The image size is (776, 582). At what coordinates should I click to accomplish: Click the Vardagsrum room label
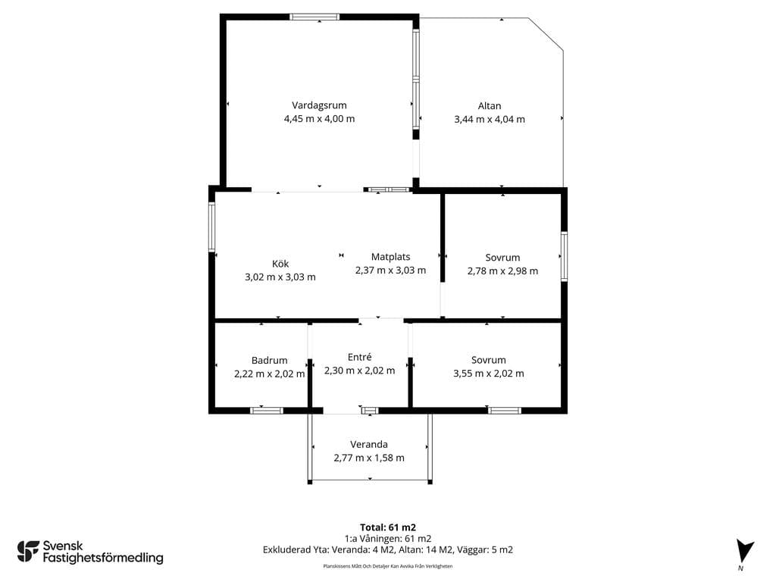(x=319, y=105)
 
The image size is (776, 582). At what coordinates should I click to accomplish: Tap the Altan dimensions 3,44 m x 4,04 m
(x=490, y=119)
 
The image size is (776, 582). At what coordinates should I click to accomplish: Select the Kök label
(x=280, y=264)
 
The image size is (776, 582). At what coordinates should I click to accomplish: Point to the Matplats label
(x=390, y=257)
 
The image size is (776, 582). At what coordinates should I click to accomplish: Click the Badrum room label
(x=269, y=360)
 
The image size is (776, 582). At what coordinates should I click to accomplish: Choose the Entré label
(x=359, y=357)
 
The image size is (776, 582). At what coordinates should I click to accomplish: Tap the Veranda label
(x=369, y=444)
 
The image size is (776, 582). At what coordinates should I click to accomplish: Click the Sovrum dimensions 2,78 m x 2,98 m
(x=503, y=271)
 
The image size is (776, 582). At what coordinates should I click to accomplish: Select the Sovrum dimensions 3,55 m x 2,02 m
(x=489, y=374)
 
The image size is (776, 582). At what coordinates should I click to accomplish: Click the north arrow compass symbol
(x=744, y=551)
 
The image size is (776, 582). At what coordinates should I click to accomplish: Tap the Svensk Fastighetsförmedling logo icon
(x=28, y=552)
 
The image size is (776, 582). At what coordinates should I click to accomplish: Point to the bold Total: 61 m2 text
(x=388, y=527)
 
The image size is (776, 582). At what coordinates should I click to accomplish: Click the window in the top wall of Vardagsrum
(x=314, y=17)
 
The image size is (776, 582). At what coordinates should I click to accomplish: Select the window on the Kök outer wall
(x=212, y=227)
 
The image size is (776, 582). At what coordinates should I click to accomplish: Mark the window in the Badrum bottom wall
(x=266, y=411)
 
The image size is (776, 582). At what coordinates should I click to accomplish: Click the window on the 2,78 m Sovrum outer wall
(x=564, y=256)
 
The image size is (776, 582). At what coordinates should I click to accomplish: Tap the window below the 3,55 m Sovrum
(x=504, y=411)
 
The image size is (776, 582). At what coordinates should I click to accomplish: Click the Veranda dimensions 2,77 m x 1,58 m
(x=369, y=458)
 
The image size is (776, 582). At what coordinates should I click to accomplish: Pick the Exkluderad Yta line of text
(x=388, y=550)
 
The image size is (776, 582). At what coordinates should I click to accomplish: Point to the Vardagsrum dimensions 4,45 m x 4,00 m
(x=319, y=119)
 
